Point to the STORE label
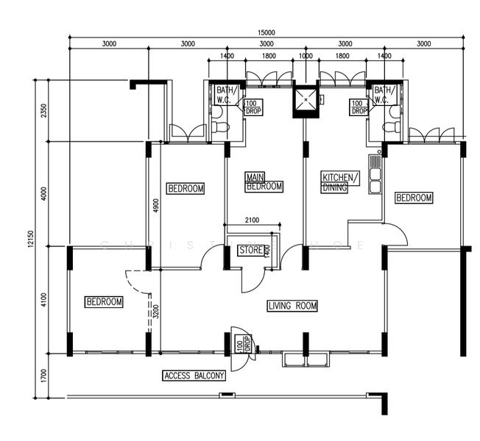251,251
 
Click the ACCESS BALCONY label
194,376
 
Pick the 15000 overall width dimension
266,32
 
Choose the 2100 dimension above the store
252,220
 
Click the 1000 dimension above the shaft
306,56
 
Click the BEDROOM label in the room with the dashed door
104,302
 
